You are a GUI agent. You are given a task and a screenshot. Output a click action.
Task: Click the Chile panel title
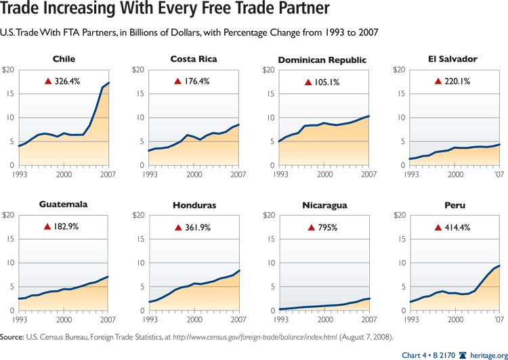coord(64,59)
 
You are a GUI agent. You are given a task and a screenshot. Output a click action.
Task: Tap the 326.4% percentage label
coord(68,81)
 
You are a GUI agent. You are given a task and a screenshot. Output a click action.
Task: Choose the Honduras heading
coord(194,204)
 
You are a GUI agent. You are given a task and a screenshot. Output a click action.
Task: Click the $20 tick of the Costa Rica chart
coord(137,70)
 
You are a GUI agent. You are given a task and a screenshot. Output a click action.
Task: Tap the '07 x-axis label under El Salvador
coord(499,175)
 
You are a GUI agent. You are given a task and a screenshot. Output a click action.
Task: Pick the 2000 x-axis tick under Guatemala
coord(64,319)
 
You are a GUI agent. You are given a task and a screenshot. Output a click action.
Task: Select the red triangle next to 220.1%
coord(438,81)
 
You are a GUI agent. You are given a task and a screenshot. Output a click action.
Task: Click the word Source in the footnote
coord(12,336)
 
